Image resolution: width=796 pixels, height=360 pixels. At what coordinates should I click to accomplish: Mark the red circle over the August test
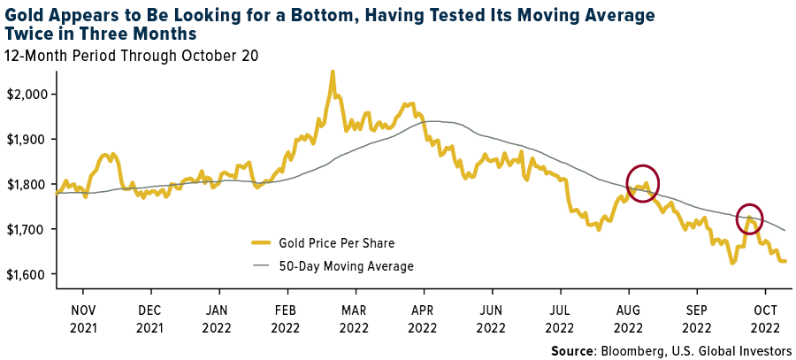[x=643, y=183]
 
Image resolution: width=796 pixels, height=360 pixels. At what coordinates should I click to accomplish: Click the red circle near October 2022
[x=749, y=218]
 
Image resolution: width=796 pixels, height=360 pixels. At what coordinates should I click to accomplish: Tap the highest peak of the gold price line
[x=332, y=72]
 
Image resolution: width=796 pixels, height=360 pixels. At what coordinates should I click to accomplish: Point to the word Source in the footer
[x=573, y=351]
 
